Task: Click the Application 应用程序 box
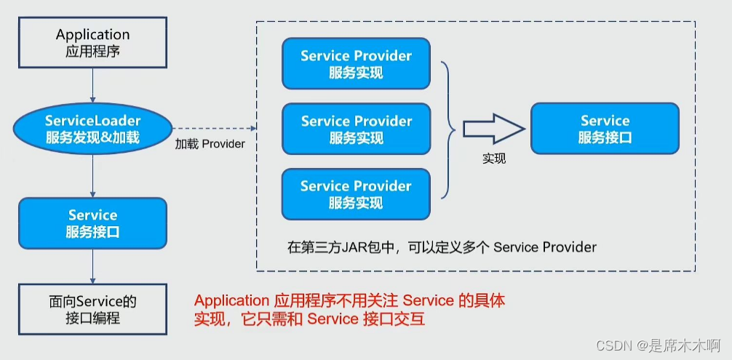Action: coord(92,43)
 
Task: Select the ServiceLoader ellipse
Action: coord(92,129)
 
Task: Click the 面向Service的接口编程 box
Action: coord(92,309)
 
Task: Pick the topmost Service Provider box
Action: coord(356,64)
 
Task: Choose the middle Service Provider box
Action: coord(356,129)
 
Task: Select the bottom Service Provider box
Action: coord(356,193)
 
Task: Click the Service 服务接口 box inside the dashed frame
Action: coord(605,129)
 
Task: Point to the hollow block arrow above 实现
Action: coord(493,129)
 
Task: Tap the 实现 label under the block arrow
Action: coord(494,158)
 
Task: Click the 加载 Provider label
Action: coord(210,144)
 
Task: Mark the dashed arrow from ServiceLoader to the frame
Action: coord(215,129)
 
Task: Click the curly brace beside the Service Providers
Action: coord(448,129)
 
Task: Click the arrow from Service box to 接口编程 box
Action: coord(92,266)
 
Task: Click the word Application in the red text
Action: coord(231,300)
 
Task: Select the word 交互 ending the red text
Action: coord(410,319)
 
